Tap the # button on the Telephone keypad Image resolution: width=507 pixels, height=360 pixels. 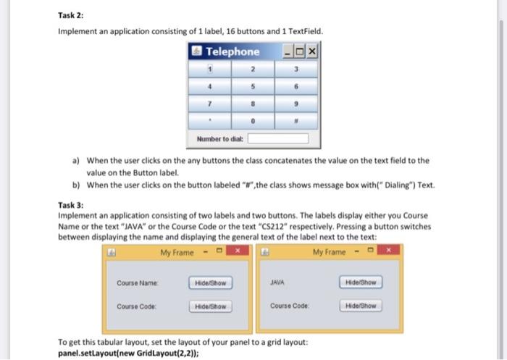pos(296,122)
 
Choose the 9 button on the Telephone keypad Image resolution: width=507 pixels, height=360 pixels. pos(296,105)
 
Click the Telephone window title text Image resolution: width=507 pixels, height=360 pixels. pos(232,52)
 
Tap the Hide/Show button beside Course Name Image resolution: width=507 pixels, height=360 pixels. pos(210,282)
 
